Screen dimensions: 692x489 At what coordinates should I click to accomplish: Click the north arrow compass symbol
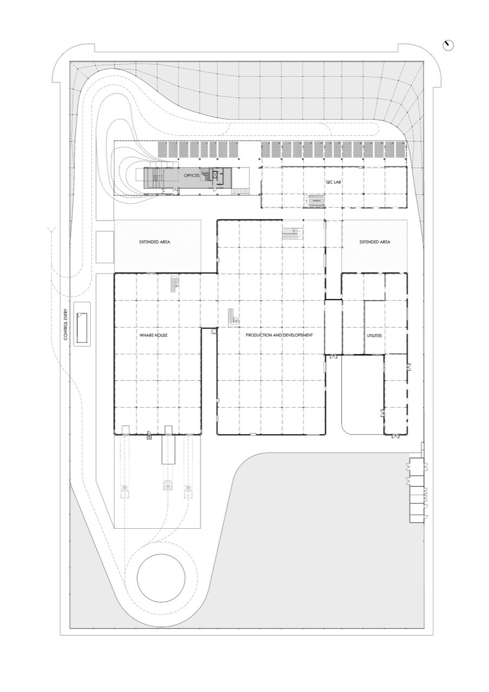tap(448, 46)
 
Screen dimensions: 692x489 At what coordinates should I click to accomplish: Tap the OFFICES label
tap(192, 176)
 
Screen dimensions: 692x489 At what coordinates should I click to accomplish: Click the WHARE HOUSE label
tap(154, 335)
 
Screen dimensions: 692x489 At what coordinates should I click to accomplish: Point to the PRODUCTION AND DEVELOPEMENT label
tap(279, 335)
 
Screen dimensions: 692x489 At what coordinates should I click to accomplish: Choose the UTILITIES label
tap(374, 335)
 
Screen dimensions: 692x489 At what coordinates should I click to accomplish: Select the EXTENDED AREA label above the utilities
tap(375, 242)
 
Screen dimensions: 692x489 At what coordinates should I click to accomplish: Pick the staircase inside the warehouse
tap(174, 283)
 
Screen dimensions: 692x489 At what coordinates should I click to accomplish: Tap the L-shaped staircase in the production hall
tap(233, 317)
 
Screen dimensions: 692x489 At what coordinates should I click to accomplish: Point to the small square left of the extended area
tap(104, 247)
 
